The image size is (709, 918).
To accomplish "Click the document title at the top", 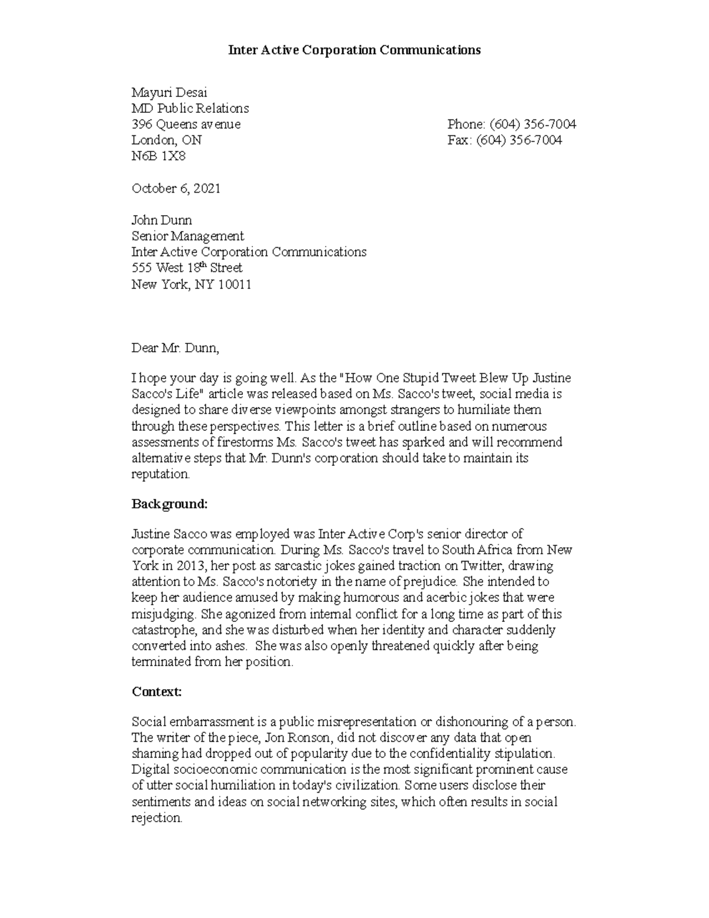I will [354, 50].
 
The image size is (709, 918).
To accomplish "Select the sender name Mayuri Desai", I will [169, 93].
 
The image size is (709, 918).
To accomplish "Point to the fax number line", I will [505, 140].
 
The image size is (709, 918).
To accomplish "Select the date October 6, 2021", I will [176, 189].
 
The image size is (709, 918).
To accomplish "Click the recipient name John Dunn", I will [161, 220].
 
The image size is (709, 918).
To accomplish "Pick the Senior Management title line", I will [187, 236].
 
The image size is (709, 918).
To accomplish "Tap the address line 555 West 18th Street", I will [187, 268].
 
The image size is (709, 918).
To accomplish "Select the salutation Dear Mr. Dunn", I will [175, 348].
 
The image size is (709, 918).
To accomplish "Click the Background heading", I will [170, 504].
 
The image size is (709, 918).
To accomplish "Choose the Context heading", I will [157, 692].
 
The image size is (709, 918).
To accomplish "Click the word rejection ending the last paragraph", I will [157, 818].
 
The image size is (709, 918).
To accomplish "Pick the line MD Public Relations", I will [190, 109].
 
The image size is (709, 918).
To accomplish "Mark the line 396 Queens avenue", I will [186, 124].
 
